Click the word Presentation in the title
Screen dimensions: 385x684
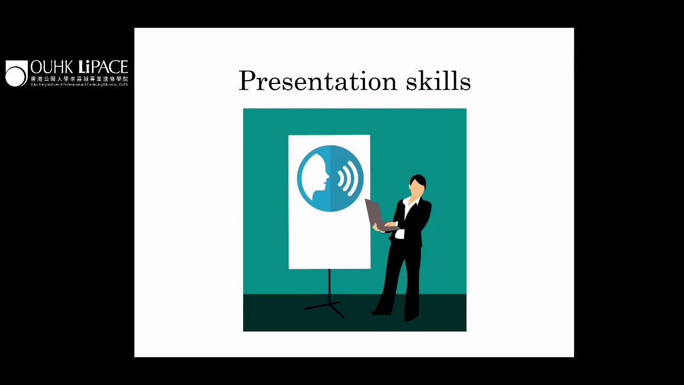317,81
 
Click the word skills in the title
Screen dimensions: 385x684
438,81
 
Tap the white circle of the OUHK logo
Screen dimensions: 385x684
16,74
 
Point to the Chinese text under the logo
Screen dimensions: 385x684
79,79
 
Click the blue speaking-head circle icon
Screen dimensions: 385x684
330,179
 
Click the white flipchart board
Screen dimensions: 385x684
329,241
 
